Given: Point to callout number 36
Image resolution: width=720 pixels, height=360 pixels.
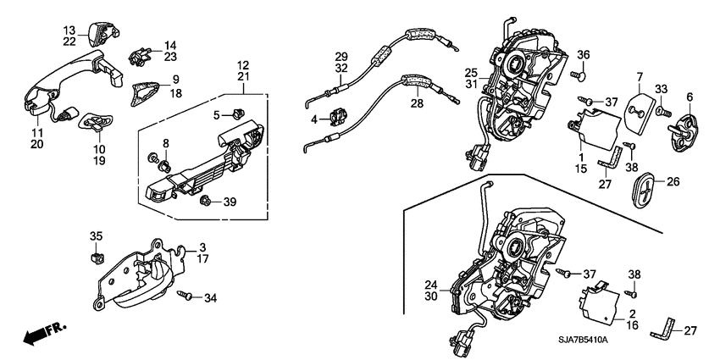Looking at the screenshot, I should point(583,56).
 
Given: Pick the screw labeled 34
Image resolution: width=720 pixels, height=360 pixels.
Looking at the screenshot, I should point(189,296).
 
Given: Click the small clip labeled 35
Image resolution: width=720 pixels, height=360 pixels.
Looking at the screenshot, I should point(96,255).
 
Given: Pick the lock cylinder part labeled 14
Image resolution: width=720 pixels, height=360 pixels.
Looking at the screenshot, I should point(137,58).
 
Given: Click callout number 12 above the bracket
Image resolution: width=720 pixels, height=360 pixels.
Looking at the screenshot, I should point(243,65).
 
